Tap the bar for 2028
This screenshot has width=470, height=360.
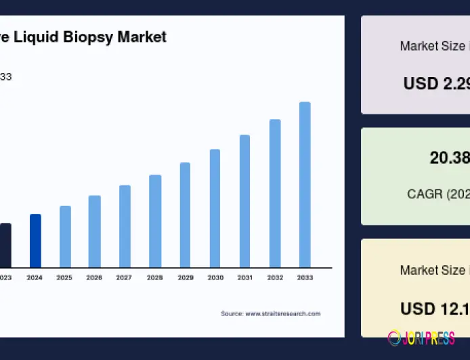pos(155,221)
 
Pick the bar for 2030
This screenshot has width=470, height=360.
pos(215,208)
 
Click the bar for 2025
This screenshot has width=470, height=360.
pos(65,236)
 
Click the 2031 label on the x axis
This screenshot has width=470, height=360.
pos(244,277)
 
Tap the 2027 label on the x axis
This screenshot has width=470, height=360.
pos(124,277)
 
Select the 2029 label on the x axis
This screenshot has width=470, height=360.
pos(184,277)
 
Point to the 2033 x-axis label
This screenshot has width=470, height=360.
pos(305,277)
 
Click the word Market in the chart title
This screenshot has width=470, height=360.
pos(142,37)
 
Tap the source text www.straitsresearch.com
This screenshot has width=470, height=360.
pos(282,313)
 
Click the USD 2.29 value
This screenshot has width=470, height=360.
pos(436,83)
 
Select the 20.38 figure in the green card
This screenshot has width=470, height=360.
pos(449,158)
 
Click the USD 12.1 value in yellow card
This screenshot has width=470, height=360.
pos(434,309)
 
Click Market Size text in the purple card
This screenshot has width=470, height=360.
pos(431,46)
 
